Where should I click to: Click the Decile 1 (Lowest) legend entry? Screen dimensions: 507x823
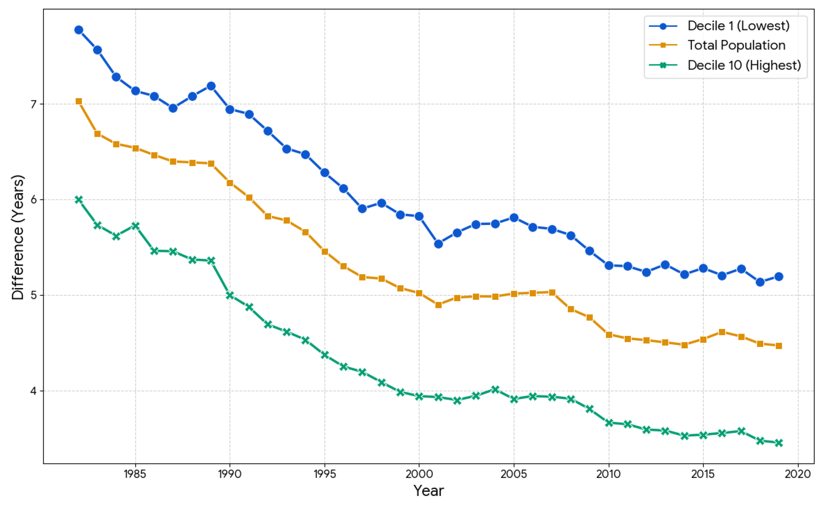point(738,26)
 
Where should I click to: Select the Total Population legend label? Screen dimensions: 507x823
point(736,45)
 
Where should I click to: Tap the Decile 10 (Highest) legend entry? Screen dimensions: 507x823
point(744,65)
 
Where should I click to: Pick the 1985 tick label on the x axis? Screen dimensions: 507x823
point(135,474)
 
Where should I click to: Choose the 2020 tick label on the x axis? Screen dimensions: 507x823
point(798,474)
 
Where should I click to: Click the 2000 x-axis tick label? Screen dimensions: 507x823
point(419,474)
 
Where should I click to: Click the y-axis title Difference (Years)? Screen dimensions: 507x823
point(18,237)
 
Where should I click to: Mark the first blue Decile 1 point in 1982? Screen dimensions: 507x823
point(79,30)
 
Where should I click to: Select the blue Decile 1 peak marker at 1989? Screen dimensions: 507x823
point(211,86)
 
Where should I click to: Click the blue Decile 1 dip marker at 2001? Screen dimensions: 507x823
point(438,244)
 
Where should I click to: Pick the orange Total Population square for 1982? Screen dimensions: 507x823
point(79,101)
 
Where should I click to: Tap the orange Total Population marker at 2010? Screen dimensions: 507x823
point(609,335)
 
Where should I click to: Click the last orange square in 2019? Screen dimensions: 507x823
point(779,346)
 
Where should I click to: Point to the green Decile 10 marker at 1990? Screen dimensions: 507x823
point(230,295)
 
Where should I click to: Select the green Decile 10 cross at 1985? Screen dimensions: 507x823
point(136,226)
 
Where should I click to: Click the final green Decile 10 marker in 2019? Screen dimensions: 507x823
point(779,443)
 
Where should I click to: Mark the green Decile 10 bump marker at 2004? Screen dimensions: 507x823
point(495,389)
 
